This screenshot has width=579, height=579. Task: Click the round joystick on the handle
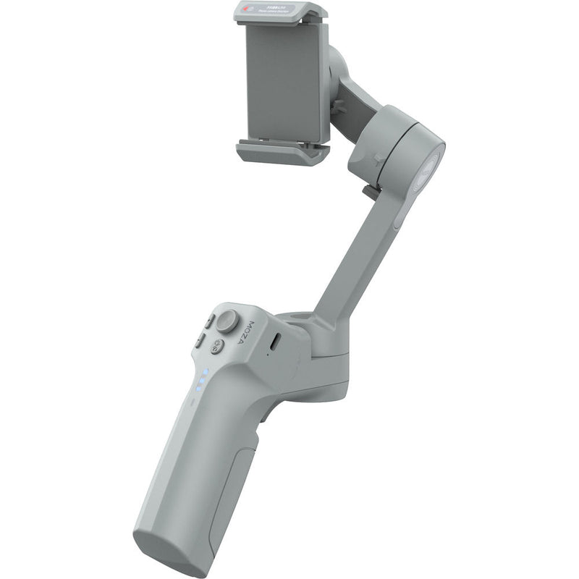231,319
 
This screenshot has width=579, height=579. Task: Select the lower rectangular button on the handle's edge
198,339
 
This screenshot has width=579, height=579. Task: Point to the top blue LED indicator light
205,372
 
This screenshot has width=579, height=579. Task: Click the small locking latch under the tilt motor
369,193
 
